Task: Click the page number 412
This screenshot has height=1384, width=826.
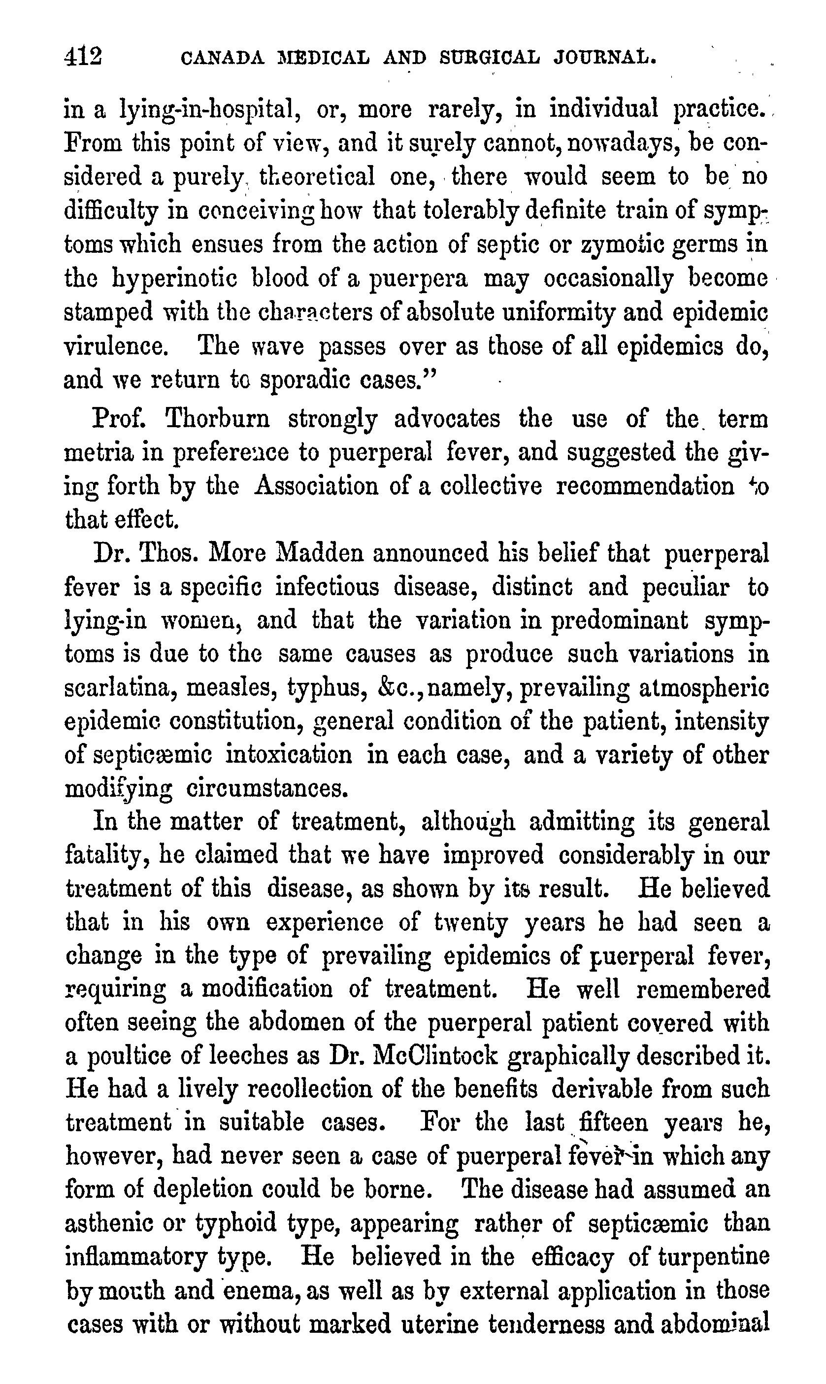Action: pos(83,57)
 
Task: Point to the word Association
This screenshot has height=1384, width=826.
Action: pos(315,487)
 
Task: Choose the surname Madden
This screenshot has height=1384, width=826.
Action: pos(319,554)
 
